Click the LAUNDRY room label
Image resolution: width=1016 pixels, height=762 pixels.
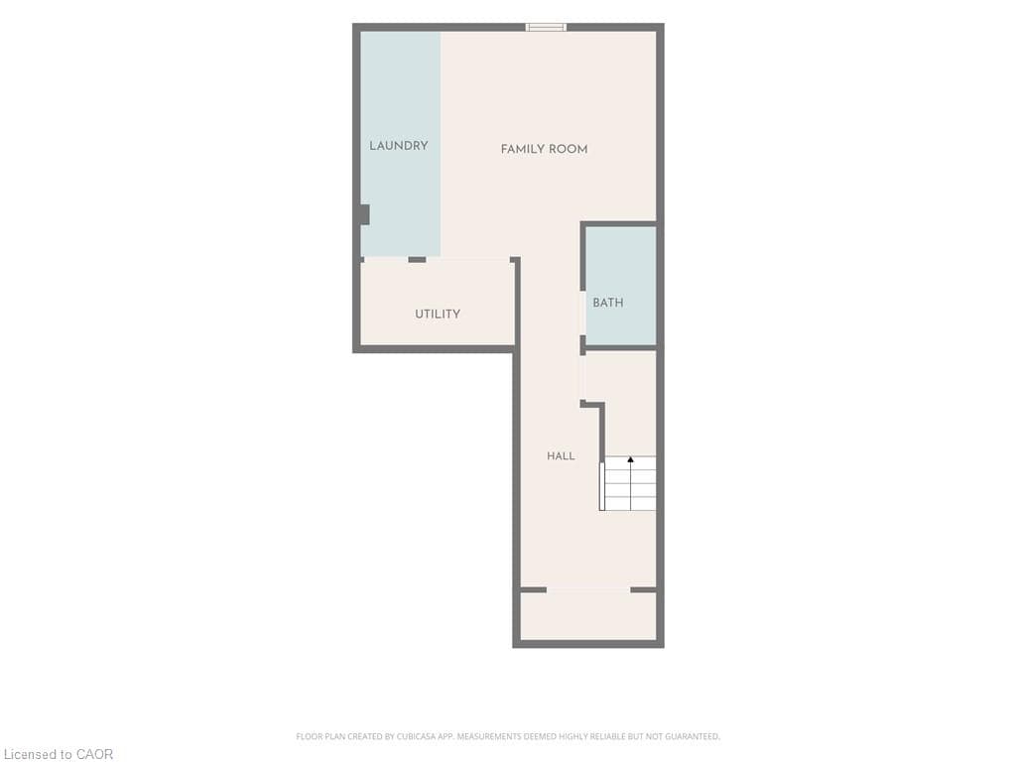coord(399,146)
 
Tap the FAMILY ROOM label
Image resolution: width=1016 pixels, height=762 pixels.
coord(545,149)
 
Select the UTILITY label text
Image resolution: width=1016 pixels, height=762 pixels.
coord(438,315)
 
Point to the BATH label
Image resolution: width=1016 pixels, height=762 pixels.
coord(608,303)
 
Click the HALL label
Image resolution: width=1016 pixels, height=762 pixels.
coord(561,456)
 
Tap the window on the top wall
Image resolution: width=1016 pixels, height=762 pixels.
coord(546,27)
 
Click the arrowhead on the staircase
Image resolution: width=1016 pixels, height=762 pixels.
coord(630,459)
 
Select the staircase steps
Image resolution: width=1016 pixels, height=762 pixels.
coord(628,483)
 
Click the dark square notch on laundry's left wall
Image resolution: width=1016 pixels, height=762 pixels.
coord(365,214)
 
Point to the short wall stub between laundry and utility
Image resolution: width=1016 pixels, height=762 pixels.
coord(418,260)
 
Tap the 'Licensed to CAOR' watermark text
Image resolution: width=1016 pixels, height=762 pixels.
coord(59,754)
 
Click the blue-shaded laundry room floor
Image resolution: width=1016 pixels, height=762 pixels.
coord(401,144)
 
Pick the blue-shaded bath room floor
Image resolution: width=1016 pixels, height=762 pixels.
coord(621,286)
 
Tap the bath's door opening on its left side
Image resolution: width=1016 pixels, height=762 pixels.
coord(582,313)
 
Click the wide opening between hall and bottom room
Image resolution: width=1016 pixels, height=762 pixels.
coord(588,589)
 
